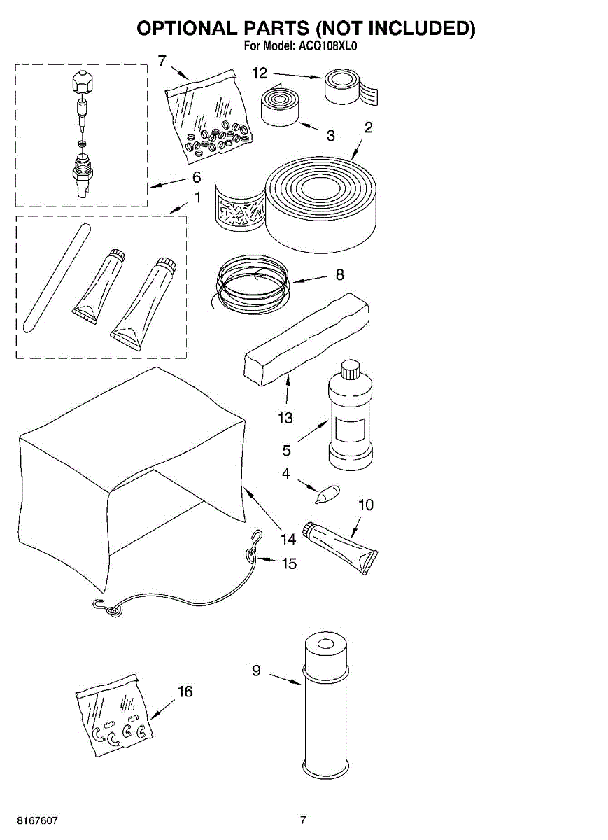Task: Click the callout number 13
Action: coord(285,418)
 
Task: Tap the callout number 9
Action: coord(256,671)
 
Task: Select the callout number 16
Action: coord(185,692)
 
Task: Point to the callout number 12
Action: coord(260,73)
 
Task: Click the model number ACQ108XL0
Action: coord(328,47)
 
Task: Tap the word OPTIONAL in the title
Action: coord(185,28)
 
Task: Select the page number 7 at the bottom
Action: coord(303,820)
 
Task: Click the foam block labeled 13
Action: coord(306,340)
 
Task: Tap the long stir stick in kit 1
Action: coord(55,277)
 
